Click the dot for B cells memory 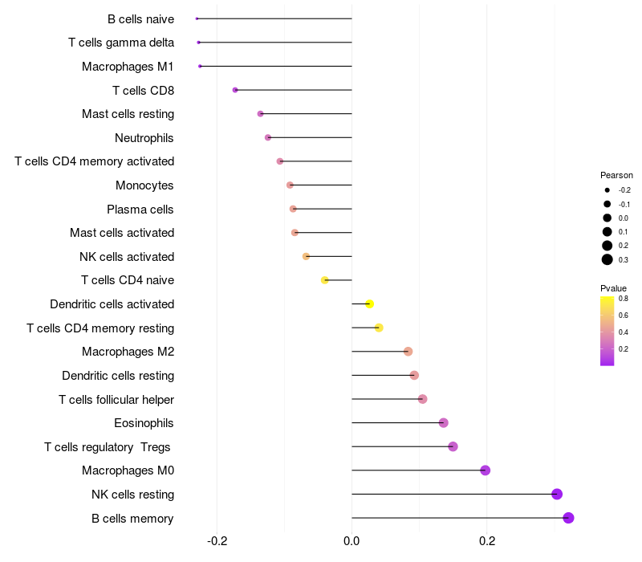pyautogui.click(x=568, y=518)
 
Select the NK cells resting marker pyautogui.click(x=557, y=495)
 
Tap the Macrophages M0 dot pyautogui.click(x=485, y=470)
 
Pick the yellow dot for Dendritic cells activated pyautogui.click(x=369, y=303)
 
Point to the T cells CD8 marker pyautogui.click(x=235, y=90)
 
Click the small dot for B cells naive pyautogui.click(x=197, y=18)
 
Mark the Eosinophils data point pyautogui.click(x=443, y=423)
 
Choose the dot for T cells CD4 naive pyautogui.click(x=324, y=280)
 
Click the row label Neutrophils pyautogui.click(x=144, y=138)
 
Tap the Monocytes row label pyautogui.click(x=144, y=185)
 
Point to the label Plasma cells pyautogui.click(x=140, y=210)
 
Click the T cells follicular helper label pyautogui.click(x=116, y=399)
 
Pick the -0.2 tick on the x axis pyautogui.click(x=217, y=542)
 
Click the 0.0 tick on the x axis pyautogui.click(x=351, y=542)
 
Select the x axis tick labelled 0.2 pyautogui.click(x=486, y=542)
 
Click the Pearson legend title pyautogui.click(x=616, y=175)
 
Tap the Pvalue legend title pyautogui.click(x=613, y=288)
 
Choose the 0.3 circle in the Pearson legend pyautogui.click(x=607, y=259)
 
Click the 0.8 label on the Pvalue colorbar pyautogui.click(x=624, y=298)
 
